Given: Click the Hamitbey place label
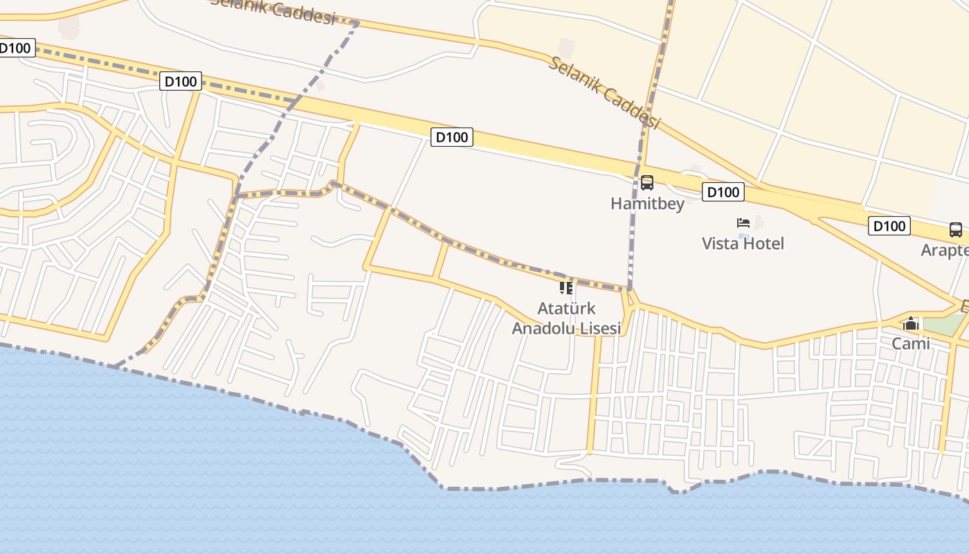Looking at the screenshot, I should (x=647, y=204).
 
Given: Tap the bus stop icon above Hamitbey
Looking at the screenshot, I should (x=647, y=183).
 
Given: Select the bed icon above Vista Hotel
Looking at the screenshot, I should (x=743, y=223).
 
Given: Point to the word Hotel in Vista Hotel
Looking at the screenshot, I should (x=763, y=244).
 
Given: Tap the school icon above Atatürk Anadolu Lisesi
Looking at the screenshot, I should (x=566, y=287).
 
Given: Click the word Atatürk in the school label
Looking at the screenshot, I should (x=566, y=308).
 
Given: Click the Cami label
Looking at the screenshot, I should (x=911, y=343).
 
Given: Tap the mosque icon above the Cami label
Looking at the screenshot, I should (x=911, y=323).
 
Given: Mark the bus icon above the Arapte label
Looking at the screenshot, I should (x=956, y=229).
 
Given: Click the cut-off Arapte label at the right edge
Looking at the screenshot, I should (x=945, y=250).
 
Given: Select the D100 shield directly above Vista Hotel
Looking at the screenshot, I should (x=723, y=192).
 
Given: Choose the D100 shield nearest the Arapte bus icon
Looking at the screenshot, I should (x=889, y=226).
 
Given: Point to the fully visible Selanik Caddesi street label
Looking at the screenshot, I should (x=605, y=93).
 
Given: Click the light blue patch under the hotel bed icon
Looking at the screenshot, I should (x=744, y=236).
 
